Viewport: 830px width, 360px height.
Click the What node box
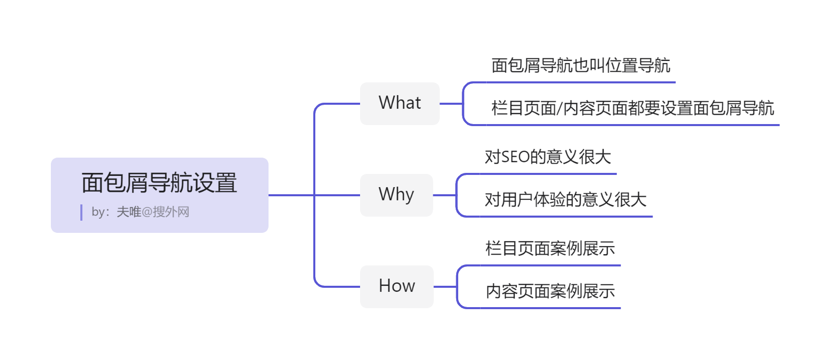400,103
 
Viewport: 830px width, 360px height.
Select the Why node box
396,195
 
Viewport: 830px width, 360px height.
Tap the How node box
397,286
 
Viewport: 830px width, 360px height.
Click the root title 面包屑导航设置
159,183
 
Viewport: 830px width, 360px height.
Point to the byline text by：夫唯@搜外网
140,212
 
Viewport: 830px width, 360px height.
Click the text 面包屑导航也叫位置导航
580,66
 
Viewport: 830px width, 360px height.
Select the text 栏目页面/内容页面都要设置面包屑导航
632,108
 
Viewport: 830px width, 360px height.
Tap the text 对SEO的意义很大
547,157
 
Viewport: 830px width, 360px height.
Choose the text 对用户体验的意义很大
565,200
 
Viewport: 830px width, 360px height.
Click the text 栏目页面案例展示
550,249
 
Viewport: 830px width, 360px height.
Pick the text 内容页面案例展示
550,291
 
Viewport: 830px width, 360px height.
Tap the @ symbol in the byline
147,212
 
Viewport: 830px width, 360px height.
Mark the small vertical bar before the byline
81,213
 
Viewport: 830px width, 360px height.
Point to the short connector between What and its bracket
451,104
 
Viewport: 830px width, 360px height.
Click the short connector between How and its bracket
445,287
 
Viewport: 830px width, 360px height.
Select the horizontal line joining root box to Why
290,195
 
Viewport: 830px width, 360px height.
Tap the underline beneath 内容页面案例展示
550,308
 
